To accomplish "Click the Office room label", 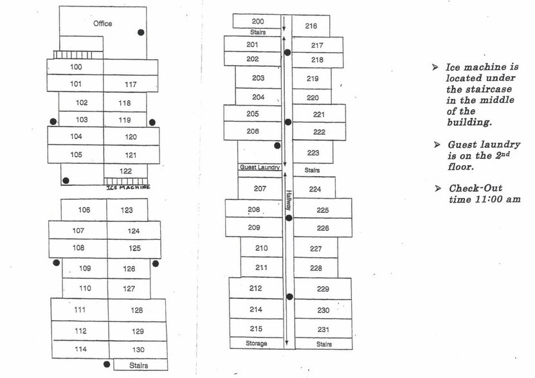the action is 102,24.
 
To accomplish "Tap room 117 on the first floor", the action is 131,84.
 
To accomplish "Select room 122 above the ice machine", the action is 125,171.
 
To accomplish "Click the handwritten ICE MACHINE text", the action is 129,187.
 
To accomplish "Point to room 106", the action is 84,210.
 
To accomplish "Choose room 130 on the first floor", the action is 138,349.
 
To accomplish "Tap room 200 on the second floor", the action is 257,21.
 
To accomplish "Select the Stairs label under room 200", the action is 258,32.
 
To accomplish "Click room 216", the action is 311,26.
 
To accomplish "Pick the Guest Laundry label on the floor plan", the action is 260,167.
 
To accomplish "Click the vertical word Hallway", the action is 289,201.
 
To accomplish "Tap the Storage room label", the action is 256,343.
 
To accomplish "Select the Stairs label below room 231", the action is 324,344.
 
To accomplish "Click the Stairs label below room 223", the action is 312,170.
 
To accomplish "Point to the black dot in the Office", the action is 141,32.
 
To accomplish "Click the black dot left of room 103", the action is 53,122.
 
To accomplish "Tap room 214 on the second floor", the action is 256,309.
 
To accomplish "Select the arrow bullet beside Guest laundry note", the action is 437,145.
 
